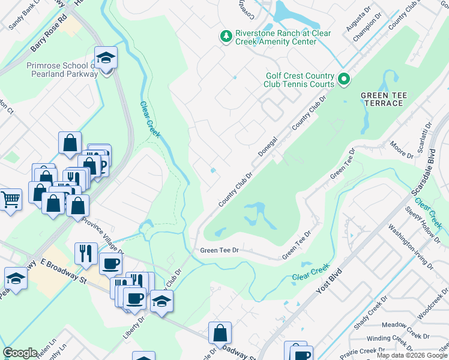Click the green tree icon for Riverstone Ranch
point(226,37)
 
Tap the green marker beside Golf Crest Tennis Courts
point(343,79)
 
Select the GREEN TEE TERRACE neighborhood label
point(382,99)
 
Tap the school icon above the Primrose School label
point(106,58)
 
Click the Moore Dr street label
point(402,151)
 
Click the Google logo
point(20,353)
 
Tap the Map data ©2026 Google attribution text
point(412,355)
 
